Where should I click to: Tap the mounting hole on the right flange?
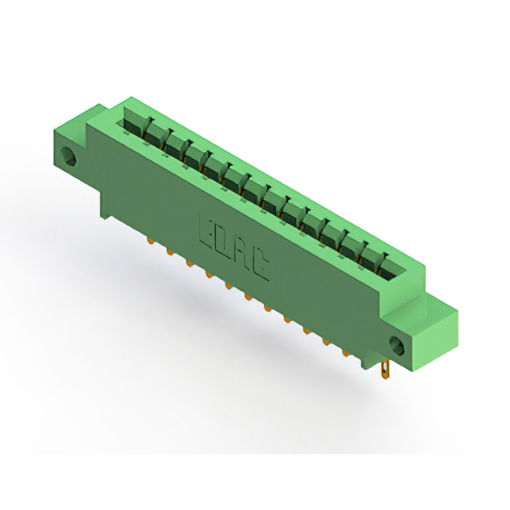(x=398, y=346)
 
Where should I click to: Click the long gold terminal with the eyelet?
(x=385, y=370)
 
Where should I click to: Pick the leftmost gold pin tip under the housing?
(x=151, y=241)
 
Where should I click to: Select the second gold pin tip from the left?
(x=170, y=251)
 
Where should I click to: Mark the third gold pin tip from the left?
(x=189, y=262)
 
